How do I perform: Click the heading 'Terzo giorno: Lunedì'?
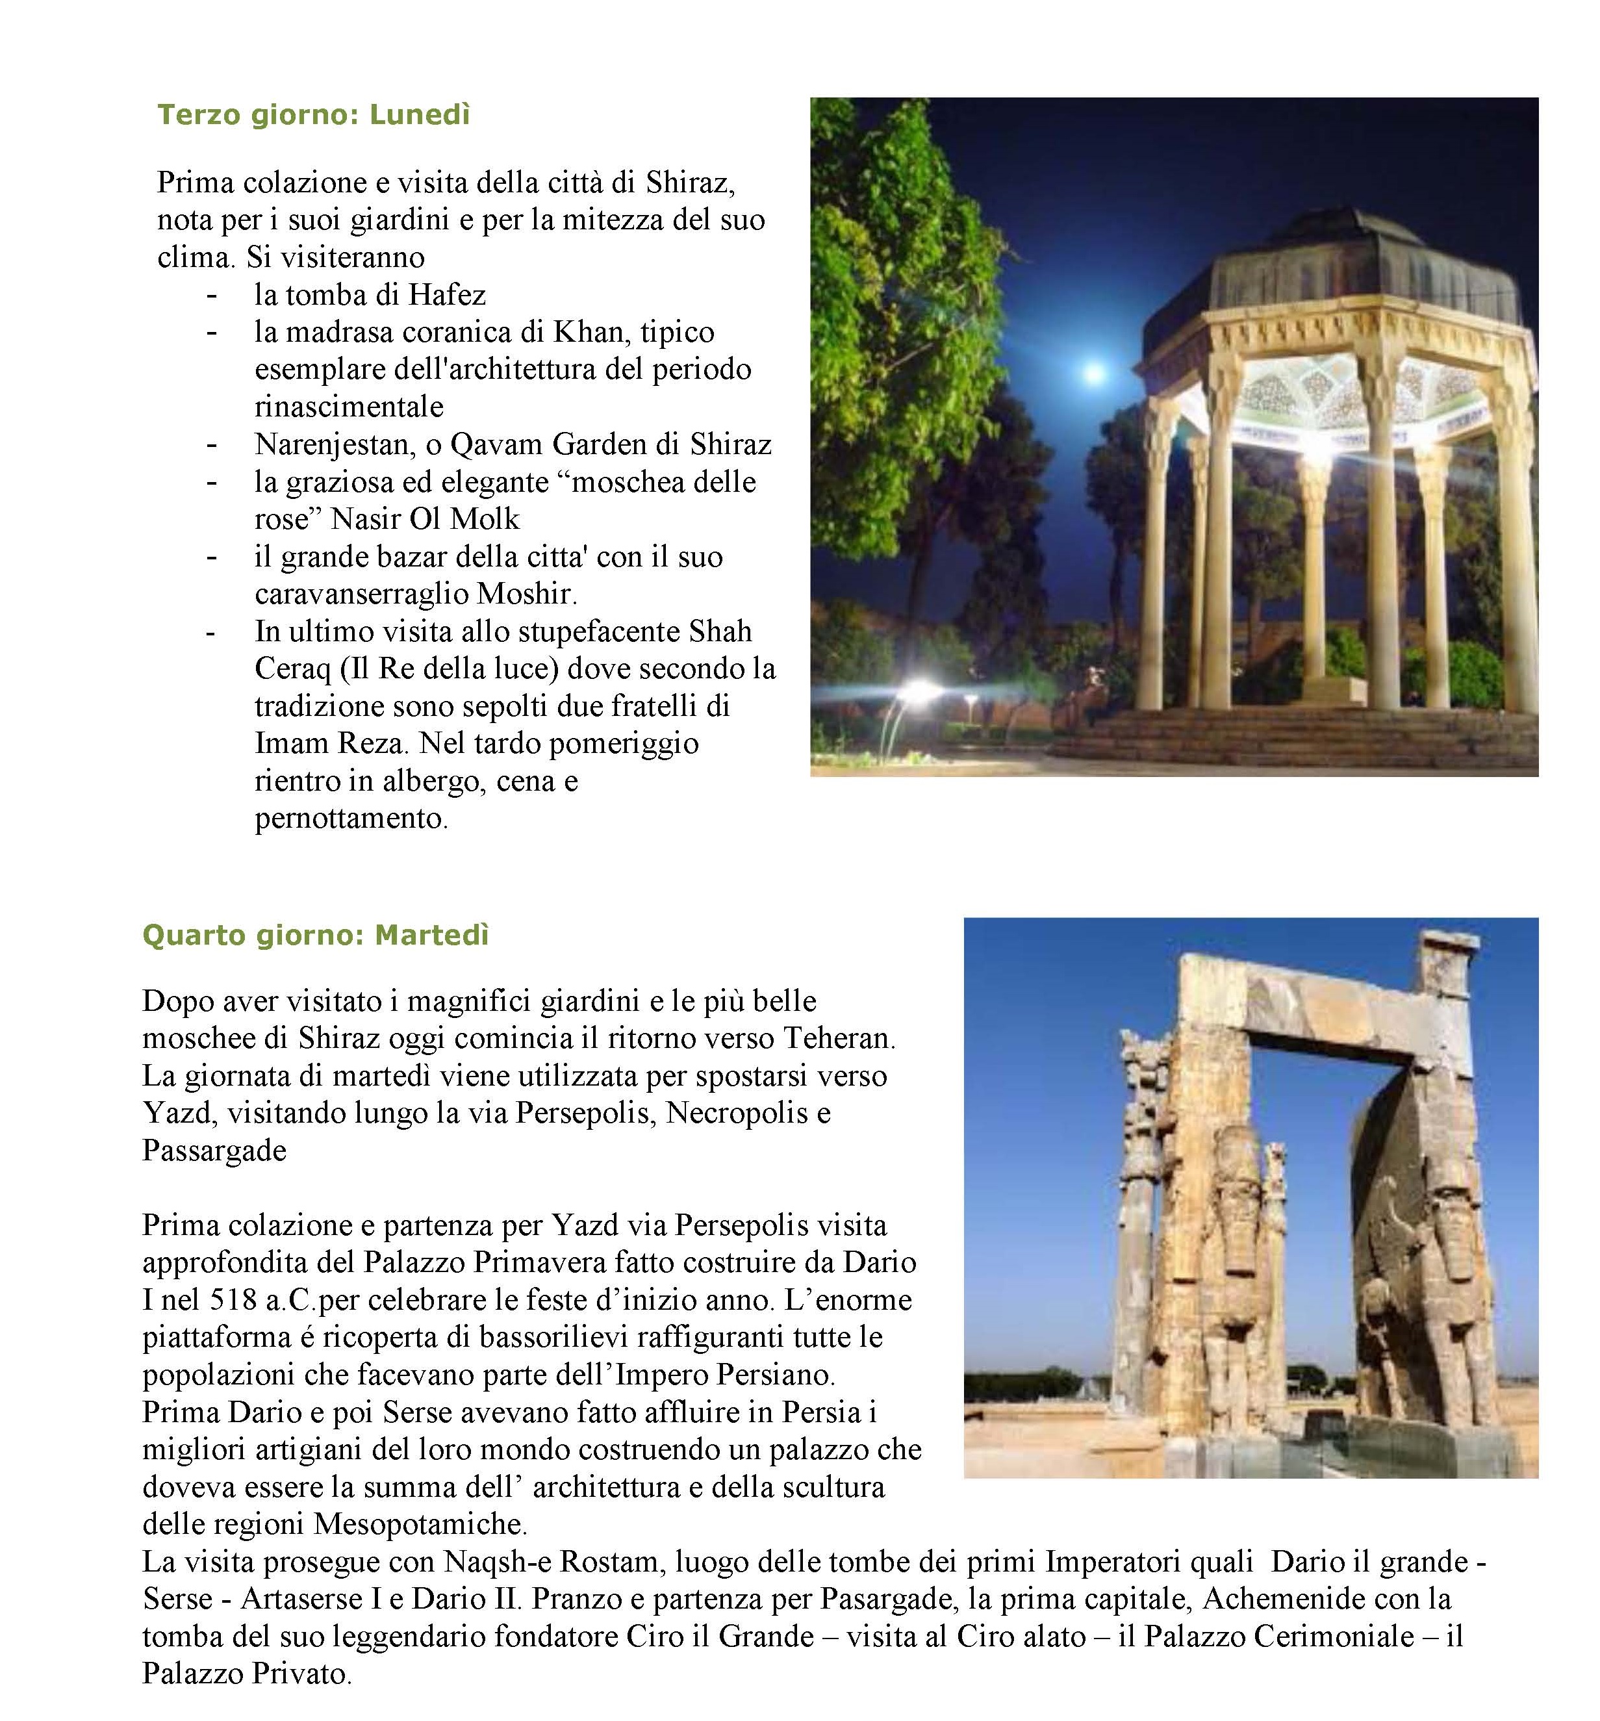[x=312, y=115]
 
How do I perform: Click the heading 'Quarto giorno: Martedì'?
[x=315, y=936]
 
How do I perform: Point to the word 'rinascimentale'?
[x=349, y=407]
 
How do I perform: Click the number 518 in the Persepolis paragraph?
[x=234, y=1300]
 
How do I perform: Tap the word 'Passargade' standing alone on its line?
[x=214, y=1151]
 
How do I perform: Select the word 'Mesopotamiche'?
[x=419, y=1523]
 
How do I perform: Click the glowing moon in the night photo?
[x=1095, y=373]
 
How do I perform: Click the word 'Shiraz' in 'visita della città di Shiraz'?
[x=689, y=183]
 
